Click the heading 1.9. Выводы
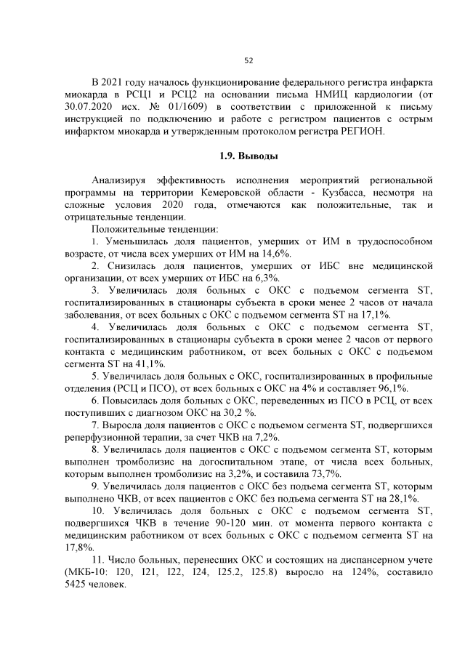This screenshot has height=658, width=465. [248, 156]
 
